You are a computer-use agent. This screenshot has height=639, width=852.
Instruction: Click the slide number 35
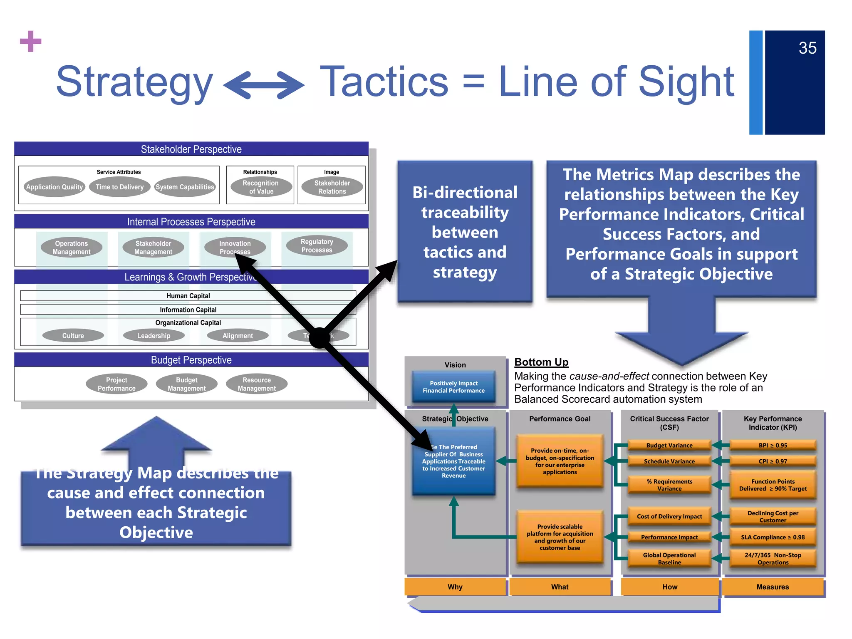click(x=807, y=48)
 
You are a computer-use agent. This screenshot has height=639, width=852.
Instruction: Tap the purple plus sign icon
click(x=31, y=42)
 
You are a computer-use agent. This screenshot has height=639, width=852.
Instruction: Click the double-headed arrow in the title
click(x=264, y=85)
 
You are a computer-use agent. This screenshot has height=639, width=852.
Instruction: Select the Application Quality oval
click(x=54, y=187)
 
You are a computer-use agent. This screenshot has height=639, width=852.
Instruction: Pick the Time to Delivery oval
click(x=120, y=187)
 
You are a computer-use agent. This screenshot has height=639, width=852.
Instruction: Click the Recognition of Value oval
click(x=261, y=187)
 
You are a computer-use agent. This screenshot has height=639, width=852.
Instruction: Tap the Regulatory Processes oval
click(x=317, y=246)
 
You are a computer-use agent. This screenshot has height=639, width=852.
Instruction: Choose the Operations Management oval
click(x=72, y=248)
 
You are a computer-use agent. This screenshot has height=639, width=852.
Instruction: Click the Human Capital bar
click(x=188, y=296)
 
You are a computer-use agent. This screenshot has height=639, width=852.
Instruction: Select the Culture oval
click(x=73, y=336)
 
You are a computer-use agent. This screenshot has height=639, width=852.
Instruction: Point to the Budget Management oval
click(x=186, y=384)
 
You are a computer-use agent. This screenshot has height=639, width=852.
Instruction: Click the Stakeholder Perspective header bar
click(x=191, y=149)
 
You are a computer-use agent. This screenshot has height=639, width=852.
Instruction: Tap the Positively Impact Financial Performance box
click(x=453, y=387)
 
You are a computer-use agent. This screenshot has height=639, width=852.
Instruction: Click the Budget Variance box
click(x=669, y=446)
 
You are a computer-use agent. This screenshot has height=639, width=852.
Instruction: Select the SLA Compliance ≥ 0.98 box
click(x=773, y=537)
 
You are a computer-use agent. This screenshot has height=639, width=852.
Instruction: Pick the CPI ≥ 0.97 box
click(x=773, y=461)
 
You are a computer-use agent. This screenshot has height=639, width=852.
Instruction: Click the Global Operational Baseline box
click(x=669, y=559)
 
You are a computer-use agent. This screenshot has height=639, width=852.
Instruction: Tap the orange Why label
click(x=455, y=587)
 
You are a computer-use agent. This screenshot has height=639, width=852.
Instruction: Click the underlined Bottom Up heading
click(x=541, y=362)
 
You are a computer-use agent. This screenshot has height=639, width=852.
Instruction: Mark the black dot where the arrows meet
click(x=319, y=337)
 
